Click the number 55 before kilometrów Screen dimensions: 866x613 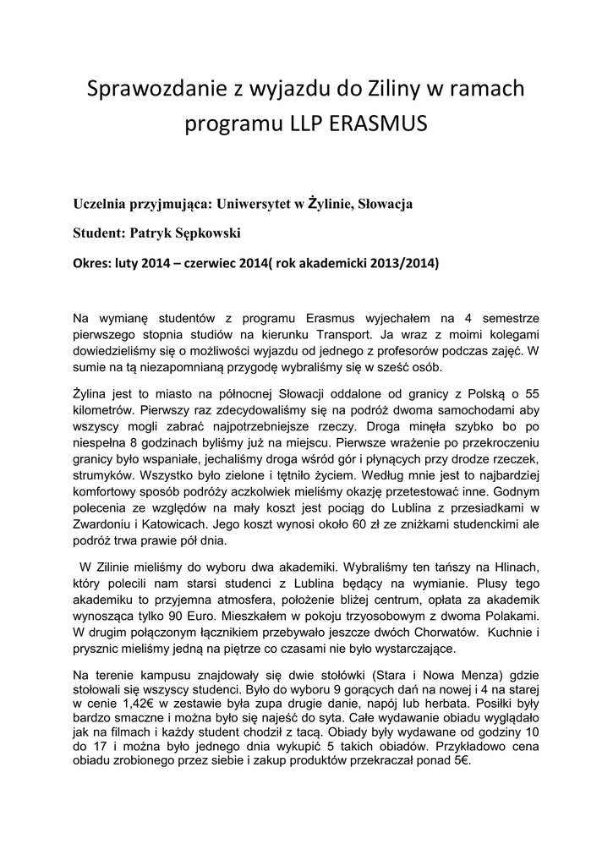coord(532,394)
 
